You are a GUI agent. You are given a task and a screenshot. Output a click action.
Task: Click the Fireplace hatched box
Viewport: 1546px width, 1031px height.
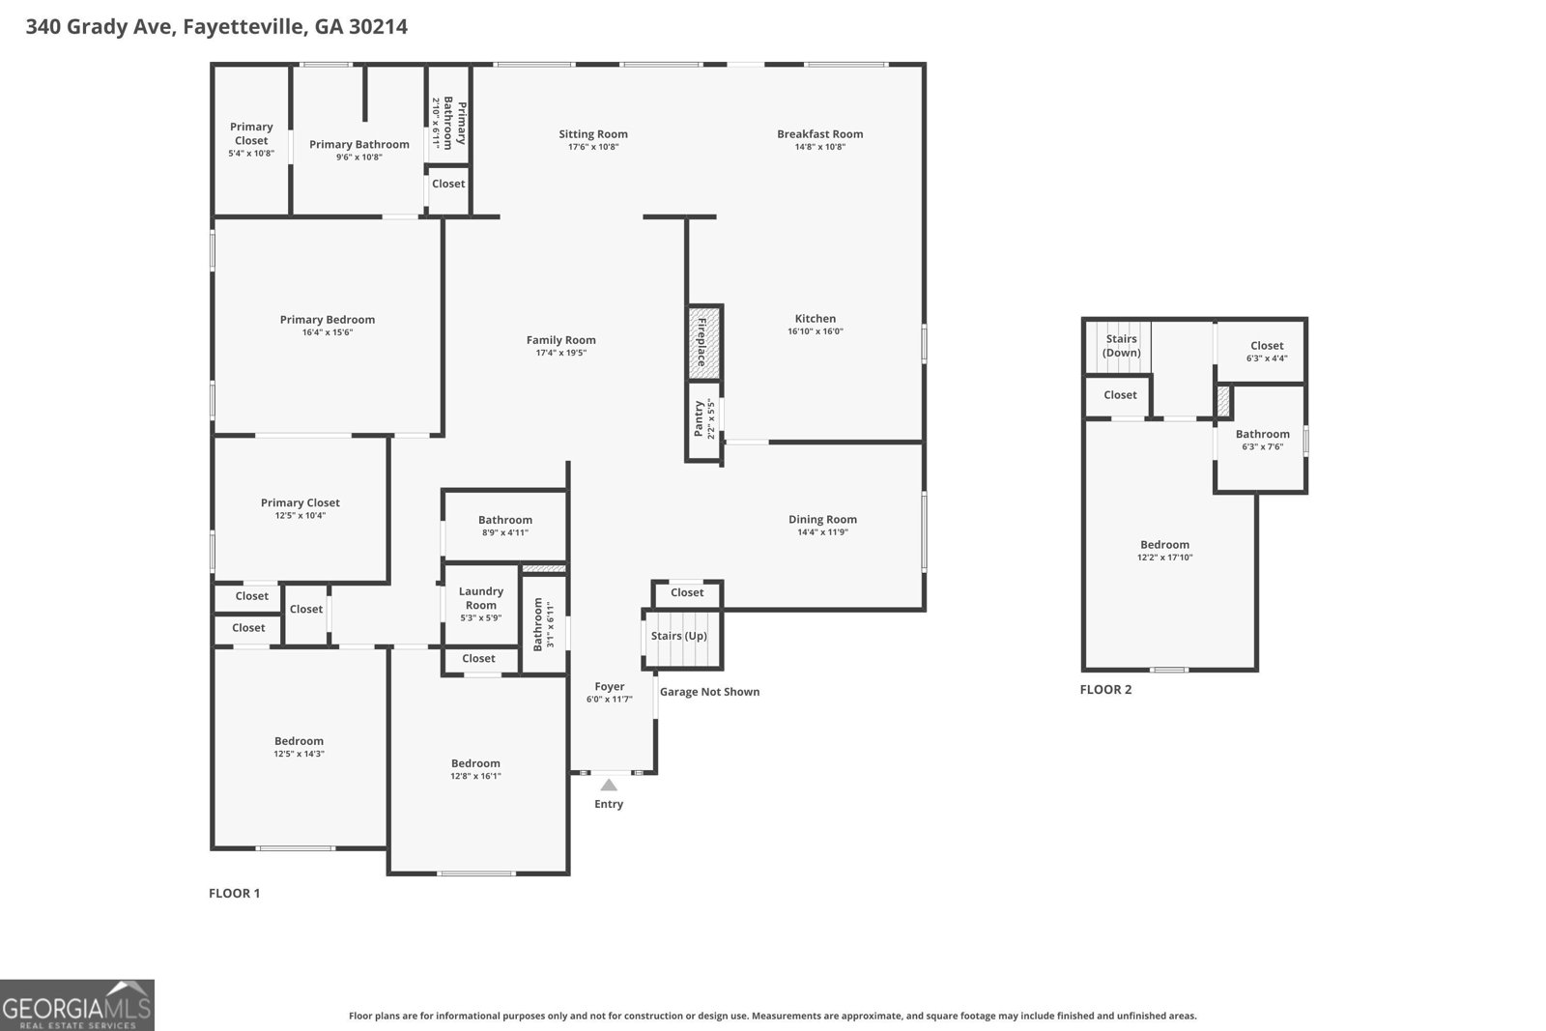point(703,342)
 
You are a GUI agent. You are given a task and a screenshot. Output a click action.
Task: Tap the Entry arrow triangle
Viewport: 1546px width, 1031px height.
point(609,786)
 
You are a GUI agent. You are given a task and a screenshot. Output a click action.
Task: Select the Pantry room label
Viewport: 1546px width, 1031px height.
point(699,419)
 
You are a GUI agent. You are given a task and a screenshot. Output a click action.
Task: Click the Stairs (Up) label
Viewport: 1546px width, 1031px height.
point(678,636)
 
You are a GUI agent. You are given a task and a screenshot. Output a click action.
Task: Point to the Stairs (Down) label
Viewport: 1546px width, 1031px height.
point(1121,346)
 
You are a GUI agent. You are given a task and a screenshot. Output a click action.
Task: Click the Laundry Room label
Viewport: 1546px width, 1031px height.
point(480,598)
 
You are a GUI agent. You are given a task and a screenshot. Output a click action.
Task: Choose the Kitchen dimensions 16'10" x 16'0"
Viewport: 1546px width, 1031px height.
point(816,331)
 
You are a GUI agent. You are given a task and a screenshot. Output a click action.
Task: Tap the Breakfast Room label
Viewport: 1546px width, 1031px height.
point(819,134)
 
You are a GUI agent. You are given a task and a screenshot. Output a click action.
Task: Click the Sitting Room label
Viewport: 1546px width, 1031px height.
point(593,134)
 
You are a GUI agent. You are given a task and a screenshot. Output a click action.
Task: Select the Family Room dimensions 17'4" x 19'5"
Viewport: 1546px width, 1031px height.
point(561,353)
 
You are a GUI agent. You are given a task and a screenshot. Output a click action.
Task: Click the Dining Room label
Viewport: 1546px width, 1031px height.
point(822,519)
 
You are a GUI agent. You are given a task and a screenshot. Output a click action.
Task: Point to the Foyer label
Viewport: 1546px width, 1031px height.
point(609,687)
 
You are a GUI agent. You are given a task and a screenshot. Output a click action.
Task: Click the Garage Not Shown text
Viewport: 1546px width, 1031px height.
point(709,692)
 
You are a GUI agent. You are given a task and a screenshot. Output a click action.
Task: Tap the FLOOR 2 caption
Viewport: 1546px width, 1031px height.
point(1105,689)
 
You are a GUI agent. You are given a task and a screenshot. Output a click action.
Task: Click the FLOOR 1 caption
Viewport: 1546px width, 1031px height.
point(234,893)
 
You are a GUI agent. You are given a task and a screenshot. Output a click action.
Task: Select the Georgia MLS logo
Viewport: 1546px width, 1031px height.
point(77,1005)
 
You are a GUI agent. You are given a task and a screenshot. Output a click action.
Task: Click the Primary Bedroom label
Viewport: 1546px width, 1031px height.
point(328,320)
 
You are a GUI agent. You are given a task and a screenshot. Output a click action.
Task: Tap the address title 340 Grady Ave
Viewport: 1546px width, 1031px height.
point(216,26)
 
